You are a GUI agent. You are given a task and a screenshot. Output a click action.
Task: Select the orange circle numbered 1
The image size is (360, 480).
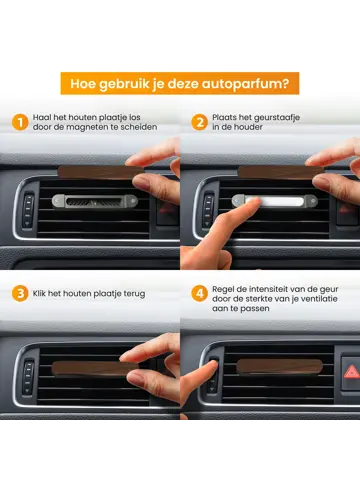(20, 123)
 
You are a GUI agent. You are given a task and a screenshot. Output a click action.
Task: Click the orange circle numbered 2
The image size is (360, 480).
(199, 123)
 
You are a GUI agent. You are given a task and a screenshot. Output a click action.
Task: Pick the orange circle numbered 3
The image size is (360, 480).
(20, 295)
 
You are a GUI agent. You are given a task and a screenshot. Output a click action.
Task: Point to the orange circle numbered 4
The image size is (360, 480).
(199, 295)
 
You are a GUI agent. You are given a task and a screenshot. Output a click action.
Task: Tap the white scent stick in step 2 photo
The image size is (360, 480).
(269, 201)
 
